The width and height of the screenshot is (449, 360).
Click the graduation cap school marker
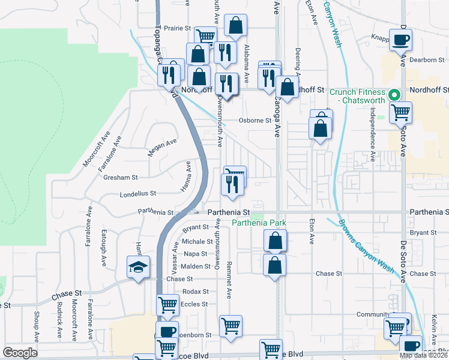(138, 266)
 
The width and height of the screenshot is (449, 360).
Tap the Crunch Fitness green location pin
(394, 95)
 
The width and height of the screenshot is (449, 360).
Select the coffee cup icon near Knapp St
(401, 40)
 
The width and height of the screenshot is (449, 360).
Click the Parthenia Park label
(258, 223)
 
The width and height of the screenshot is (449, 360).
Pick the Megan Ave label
(162, 147)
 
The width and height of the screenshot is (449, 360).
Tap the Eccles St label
(195, 304)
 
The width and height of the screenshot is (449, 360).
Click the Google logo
(20, 352)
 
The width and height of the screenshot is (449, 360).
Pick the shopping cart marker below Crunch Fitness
(400, 112)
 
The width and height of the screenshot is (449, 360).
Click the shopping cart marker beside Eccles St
(168, 304)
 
